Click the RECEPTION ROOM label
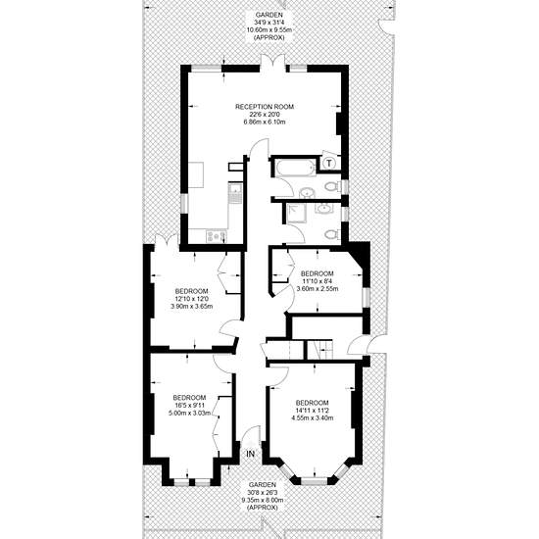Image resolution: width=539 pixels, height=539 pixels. tap(265, 107)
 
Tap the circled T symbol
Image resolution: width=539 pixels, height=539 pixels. tap(329, 163)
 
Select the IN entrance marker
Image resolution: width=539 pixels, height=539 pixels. tap(251, 454)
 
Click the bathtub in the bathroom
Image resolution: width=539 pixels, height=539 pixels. tap(295, 168)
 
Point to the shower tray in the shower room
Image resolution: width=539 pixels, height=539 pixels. tap(294, 214)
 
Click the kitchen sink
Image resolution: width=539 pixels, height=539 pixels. tap(235, 193)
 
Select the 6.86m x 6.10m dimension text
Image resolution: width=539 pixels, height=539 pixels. tap(265, 122)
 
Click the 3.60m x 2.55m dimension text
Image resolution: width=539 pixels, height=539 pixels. tap(317, 289)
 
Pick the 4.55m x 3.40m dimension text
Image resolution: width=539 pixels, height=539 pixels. tap(312, 418)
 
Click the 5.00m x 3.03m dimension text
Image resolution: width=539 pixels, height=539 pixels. tap(189, 414)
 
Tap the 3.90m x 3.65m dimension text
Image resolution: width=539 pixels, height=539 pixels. tap(192, 306)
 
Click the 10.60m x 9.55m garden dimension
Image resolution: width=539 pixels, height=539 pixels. tap(269, 30)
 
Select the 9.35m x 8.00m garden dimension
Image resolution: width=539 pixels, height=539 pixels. tap(262, 500)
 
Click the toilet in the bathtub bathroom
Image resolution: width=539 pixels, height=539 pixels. tap(331, 186)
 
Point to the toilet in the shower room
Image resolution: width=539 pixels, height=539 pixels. tap(331, 234)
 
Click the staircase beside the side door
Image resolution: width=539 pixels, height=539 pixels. tap(320, 350)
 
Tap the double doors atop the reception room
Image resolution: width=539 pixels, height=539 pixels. tap(272, 61)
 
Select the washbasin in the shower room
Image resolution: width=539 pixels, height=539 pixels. tap(323, 209)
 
